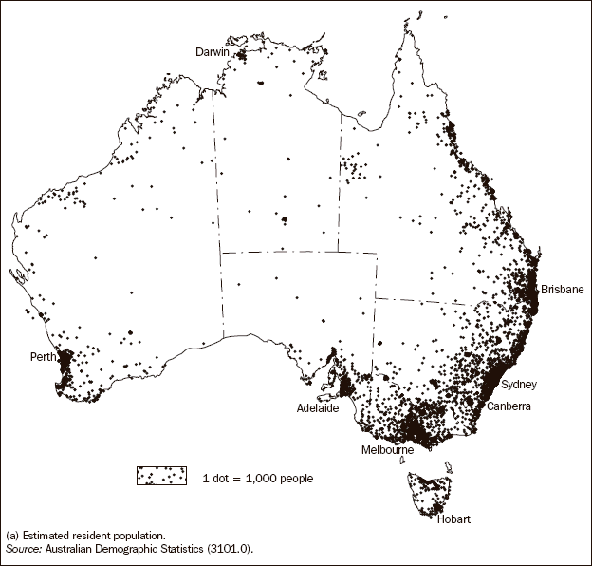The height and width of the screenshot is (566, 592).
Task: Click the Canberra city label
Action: coord(509,406)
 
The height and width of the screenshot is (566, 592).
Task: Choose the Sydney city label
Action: coord(519,384)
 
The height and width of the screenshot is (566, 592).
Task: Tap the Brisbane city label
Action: coord(562,289)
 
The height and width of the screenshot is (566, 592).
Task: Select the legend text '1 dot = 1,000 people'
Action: coord(258,478)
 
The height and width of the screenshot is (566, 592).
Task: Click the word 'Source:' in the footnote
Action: coord(23,549)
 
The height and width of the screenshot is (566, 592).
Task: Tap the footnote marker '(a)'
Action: coord(12,537)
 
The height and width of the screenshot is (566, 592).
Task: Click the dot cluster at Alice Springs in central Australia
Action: coord(283,219)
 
